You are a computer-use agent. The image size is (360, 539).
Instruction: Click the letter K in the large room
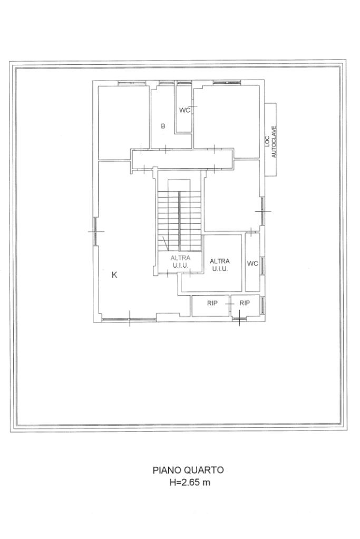[x=115, y=275]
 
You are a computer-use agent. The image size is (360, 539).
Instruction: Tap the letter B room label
[x=163, y=126]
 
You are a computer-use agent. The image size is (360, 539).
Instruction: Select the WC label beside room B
[x=184, y=110]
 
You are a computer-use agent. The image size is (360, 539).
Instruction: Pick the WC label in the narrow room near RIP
[x=252, y=263]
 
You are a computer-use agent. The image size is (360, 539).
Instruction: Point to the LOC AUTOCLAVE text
[x=270, y=142]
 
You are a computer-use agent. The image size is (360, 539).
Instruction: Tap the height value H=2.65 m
[x=190, y=482]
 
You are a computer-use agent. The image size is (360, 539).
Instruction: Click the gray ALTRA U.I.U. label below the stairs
[x=180, y=261]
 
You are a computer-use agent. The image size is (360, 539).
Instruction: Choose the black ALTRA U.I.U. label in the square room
[x=219, y=266]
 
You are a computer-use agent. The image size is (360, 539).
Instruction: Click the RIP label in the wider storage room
[x=212, y=303]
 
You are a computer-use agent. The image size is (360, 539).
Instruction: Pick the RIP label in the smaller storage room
[x=245, y=303]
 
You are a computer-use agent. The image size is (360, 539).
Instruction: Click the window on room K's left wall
[x=94, y=231]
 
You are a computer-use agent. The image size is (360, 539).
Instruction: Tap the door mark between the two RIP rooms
[x=230, y=304]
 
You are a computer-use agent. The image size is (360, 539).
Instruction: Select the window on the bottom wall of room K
[x=129, y=319]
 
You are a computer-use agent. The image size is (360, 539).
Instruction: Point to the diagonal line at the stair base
[x=166, y=243]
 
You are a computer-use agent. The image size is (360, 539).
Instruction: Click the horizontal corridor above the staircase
[x=182, y=159]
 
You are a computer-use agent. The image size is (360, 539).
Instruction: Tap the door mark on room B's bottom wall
[x=166, y=149]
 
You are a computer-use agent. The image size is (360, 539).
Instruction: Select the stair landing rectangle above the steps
[x=179, y=185]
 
